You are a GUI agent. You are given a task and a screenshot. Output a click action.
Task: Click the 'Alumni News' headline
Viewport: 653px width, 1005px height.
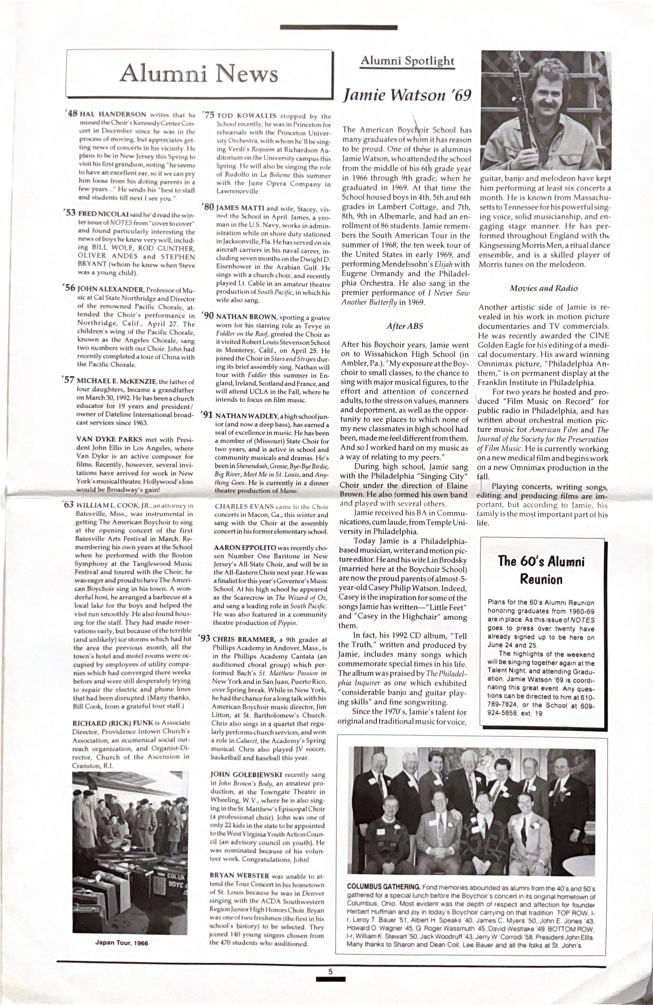[x=198, y=74]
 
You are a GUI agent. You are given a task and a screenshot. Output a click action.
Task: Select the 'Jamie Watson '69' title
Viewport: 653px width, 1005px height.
[x=407, y=96]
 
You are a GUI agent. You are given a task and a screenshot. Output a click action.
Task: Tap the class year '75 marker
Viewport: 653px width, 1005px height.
[x=209, y=115]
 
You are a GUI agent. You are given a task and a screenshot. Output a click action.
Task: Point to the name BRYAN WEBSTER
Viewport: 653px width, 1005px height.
[x=239, y=876]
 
